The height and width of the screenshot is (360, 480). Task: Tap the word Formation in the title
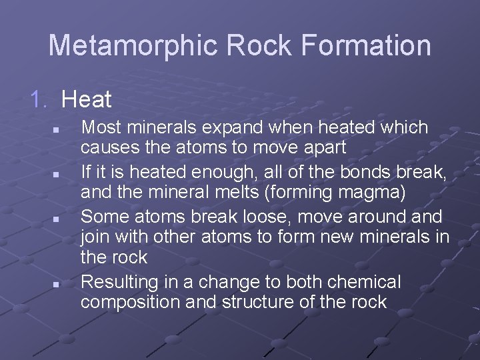[x=365, y=46]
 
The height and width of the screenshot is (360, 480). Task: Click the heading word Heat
[x=86, y=100]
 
